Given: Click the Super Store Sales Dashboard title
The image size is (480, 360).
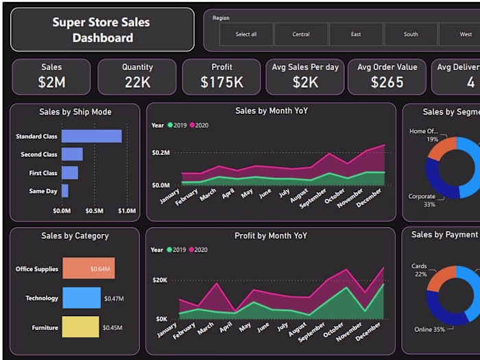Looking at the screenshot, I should (102, 29).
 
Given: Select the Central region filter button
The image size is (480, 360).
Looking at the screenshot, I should (301, 34).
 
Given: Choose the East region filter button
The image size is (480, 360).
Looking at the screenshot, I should (356, 34).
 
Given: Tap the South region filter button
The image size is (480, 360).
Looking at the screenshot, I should (411, 34).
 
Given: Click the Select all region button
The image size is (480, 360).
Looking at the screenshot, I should (246, 34).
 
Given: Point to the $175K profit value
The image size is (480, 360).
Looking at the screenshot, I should (221, 82).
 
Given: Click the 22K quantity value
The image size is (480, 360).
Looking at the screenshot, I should (137, 82).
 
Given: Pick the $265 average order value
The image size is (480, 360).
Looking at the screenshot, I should (387, 82).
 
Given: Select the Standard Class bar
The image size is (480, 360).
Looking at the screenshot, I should (91, 136).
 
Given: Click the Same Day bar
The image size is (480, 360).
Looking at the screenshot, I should (65, 191).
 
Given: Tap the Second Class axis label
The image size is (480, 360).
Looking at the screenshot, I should (39, 155).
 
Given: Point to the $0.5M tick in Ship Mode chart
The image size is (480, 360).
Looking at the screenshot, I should (94, 211).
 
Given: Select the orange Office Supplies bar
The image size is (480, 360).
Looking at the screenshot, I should (88, 269).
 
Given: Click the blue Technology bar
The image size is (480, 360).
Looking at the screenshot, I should (82, 298).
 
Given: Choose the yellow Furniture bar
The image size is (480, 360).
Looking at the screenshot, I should (81, 327).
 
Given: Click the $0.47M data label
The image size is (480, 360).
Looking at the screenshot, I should (114, 299).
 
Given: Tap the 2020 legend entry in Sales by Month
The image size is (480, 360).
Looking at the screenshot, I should (199, 125).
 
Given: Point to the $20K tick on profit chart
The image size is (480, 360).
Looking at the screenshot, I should (160, 280).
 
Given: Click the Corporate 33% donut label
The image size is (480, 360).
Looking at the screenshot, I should (422, 200).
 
